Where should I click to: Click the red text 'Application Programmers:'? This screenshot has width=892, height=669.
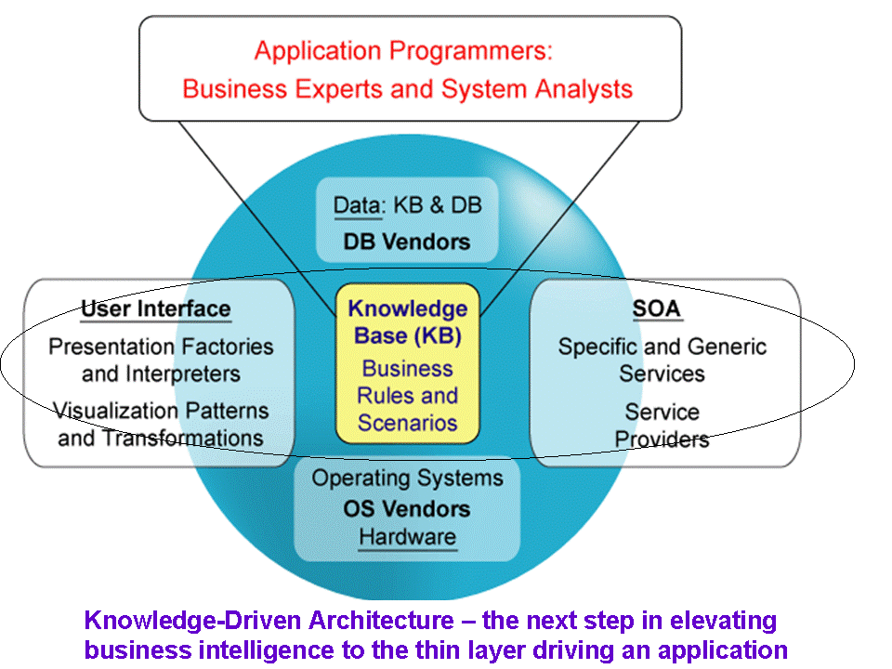(x=403, y=51)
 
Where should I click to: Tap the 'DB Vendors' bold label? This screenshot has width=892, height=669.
(x=407, y=242)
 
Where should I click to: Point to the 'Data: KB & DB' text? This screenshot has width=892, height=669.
(x=407, y=205)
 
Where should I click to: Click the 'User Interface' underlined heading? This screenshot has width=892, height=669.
(x=156, y=308)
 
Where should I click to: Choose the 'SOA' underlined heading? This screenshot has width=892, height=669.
(x=657, y=308)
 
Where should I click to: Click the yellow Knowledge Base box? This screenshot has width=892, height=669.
(x=407, y=363)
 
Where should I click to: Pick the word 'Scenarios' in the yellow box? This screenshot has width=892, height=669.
(x=407, y=423)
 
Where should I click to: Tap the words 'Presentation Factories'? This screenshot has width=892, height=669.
(x=161, y=347)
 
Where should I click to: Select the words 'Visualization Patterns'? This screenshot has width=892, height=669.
(x=161, y=410)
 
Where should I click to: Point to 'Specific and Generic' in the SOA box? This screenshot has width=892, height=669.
(x=662, y=347)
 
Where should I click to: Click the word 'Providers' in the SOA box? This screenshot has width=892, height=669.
(x=662, y=439)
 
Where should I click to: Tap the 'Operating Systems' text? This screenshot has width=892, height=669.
(x=407, y=479)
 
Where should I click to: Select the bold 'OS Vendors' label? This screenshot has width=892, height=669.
(x=407, y=508)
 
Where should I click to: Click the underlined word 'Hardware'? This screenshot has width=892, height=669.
(x=407, y=537)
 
